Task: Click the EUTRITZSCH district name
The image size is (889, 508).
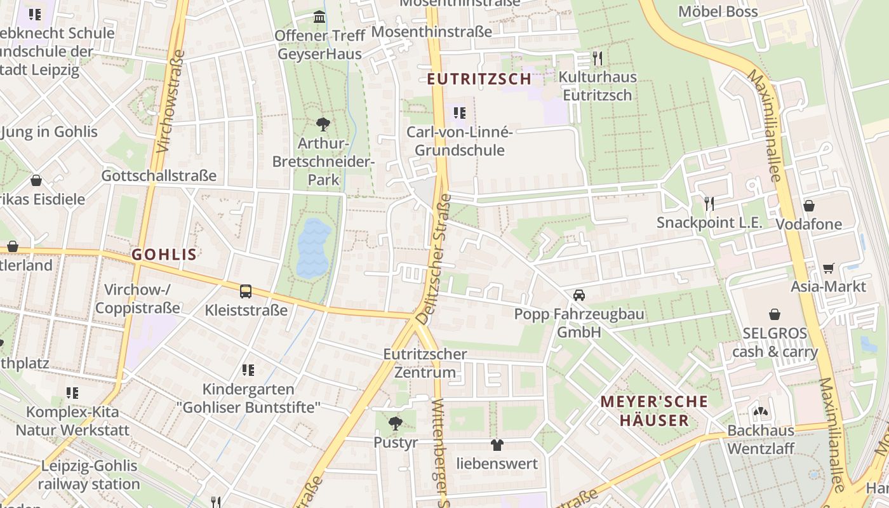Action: (479, 79)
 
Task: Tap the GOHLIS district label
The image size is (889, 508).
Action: (164, 255)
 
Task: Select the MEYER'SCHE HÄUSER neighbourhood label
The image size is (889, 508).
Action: (654, 411)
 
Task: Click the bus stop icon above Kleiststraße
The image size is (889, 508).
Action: (246, 291)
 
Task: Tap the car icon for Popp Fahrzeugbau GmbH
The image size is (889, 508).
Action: (578, 295)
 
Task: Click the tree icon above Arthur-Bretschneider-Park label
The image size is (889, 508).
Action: (323, 124)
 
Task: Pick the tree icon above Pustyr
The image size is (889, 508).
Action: (396, 423)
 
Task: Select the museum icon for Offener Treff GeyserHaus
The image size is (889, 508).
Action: (319, 16)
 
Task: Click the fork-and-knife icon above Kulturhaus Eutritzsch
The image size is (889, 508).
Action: (597, 58)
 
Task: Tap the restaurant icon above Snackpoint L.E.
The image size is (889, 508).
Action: (709, 203)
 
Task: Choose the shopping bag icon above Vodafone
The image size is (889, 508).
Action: (808, 205)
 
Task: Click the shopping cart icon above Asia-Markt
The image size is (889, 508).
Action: (828, 268)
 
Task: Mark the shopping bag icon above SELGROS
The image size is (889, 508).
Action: (775, 314)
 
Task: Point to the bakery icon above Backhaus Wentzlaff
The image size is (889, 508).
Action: (760, 411)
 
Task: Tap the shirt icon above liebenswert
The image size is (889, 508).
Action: (497, 445)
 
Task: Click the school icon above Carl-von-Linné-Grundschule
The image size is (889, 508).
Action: (459, 114)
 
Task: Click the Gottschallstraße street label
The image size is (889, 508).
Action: (159, 175)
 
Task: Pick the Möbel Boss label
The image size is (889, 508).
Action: (718, 11)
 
